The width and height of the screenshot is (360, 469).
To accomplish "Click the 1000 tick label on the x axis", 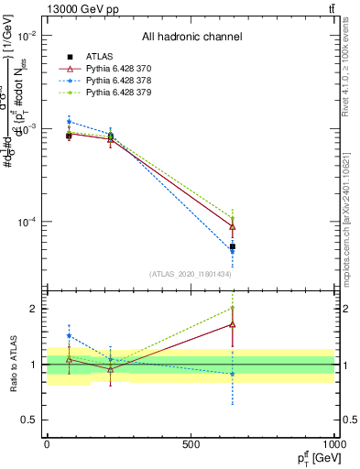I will click(333, 444).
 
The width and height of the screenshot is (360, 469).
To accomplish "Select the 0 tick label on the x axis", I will click(47, 444).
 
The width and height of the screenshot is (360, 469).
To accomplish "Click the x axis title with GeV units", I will click(314, 458).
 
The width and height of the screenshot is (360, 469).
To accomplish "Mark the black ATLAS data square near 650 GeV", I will click(233, 246).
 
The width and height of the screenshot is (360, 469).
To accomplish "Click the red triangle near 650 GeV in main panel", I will click(233, 226).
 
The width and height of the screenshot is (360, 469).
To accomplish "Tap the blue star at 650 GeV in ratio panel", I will click(233, 374).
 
